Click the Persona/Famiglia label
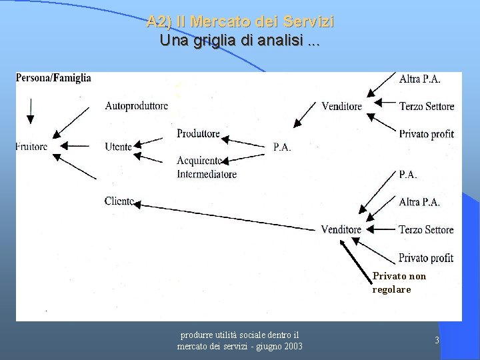click(53, 78)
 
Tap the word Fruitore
click(31, 147)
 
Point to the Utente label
click(118, 147)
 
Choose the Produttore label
click(198, 133)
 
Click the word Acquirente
click(199, 161)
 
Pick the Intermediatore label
click(207, 175)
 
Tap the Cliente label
click(119, 201)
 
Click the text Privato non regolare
click(399, 283)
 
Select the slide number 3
click(437, 341)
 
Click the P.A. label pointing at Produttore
click(282, 147)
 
